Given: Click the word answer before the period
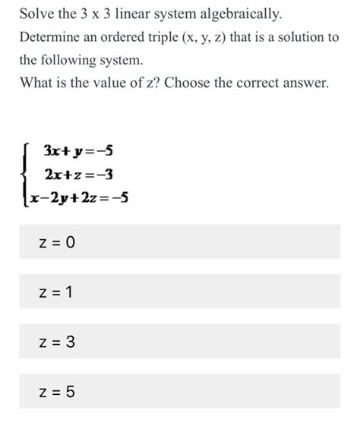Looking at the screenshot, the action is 304,82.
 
